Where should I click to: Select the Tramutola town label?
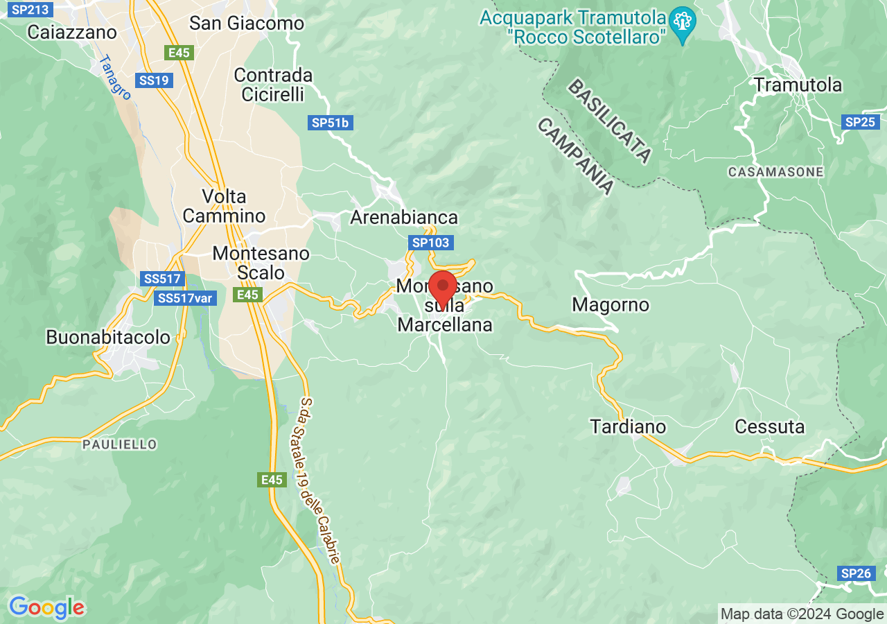798,85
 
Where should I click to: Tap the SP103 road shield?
430,243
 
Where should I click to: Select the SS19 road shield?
154,80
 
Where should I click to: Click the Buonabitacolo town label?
108,337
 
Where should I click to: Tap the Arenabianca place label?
404,217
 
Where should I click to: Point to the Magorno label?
611,304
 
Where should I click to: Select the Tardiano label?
628,426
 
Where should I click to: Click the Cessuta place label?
769,426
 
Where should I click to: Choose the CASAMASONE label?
775,171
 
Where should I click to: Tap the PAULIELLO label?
119,444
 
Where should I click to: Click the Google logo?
46,607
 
